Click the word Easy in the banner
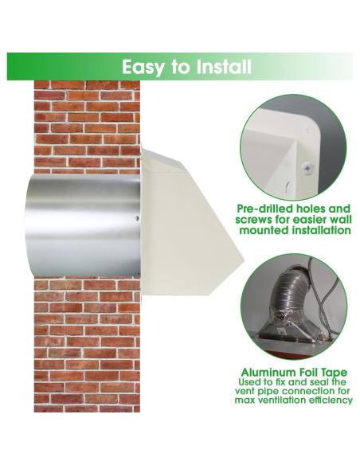click(x=143, y=67)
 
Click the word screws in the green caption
click(x=256, y=219)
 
